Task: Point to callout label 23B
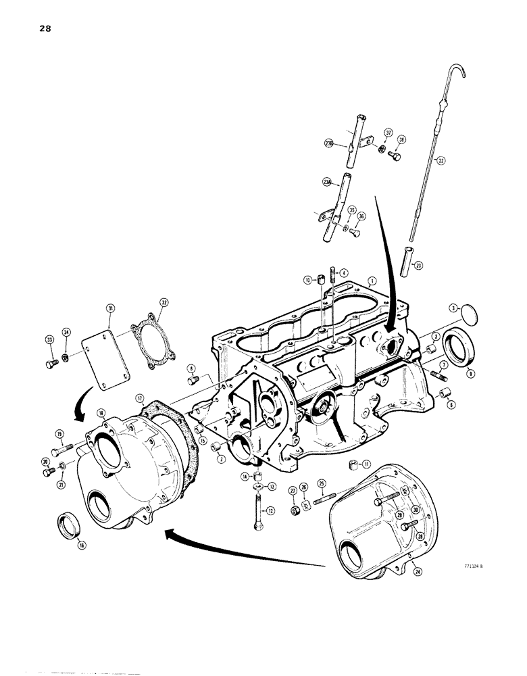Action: [x=328, y=143]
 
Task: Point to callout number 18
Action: [x=101, y=412]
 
